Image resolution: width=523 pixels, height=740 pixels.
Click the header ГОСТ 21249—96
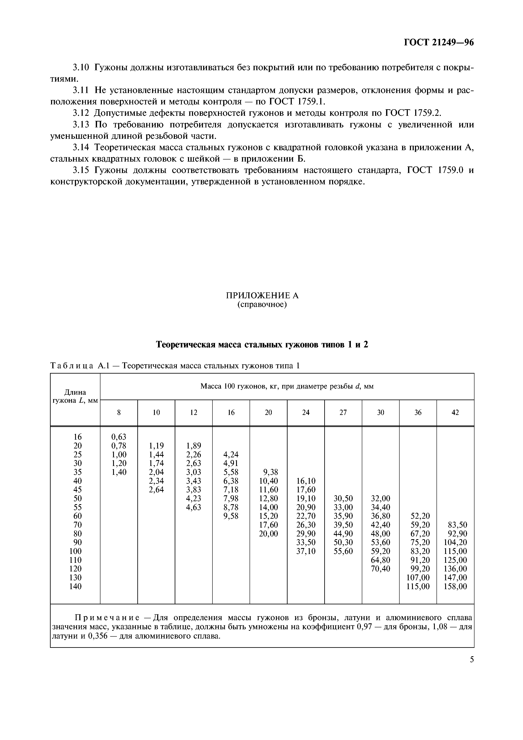pos(439,43)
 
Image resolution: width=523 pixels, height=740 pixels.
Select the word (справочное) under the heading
pos(262,305)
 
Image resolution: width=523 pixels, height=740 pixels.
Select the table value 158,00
pos(455,586)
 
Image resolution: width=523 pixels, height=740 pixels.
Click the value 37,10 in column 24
pos(306,551)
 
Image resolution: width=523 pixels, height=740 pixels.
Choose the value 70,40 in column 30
pos(381,569)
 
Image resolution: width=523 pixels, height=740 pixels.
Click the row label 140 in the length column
pos(75,586)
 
